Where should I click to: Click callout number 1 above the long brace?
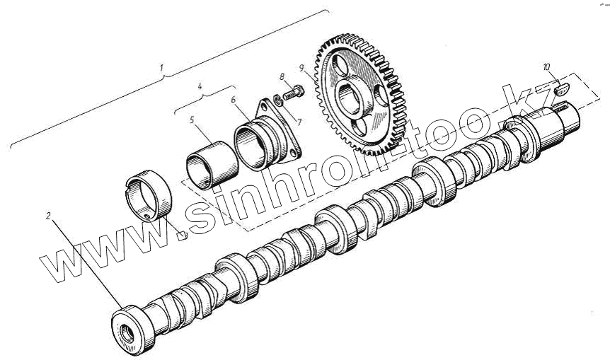[x=161, y=68]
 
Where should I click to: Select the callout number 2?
[x=48, y=216]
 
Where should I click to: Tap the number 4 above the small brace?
[x=200, y=86]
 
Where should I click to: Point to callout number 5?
[x=192, y=120]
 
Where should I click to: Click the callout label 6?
[x=233, y=100]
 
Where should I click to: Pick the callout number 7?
[x=299, y=122]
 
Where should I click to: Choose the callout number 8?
[x=282, y=77]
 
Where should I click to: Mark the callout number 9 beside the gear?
[x=301, y=68]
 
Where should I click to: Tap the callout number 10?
[x=546, y=67]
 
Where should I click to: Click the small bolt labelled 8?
[x=294, y=93]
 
